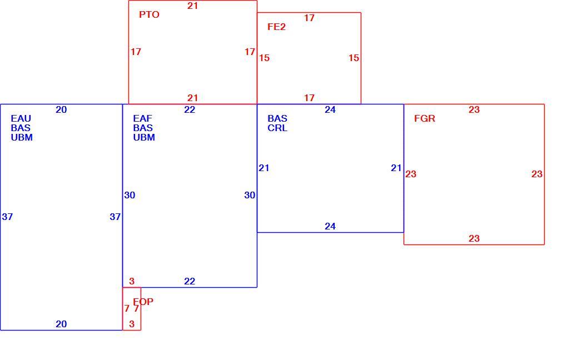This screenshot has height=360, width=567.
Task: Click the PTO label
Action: tap(149, 15)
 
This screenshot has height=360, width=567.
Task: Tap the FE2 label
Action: tap(277, 27)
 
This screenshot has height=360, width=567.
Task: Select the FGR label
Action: tap(425, 118)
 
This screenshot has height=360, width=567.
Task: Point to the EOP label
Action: tap(143, 302)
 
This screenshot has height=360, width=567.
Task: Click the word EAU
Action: tap(21, 118)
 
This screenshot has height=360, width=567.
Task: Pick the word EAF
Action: tap(142, 118)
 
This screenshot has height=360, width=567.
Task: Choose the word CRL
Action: tap(277, 128)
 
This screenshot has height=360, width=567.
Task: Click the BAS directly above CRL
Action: tap(277, 118)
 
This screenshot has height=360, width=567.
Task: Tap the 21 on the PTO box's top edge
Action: tap(193, 6)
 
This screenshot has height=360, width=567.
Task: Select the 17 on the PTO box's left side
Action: tap(136, 52)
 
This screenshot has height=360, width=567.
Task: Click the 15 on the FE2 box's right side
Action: tap(354, 58)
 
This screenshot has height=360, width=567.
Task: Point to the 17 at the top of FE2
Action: tap(309, 18)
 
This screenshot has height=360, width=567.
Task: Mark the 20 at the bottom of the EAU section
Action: tap(61, 324)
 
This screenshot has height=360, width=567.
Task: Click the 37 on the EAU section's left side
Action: tap(7, 217)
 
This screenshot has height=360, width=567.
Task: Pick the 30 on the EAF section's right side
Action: tap(250, 196)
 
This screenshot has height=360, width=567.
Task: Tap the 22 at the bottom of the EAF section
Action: tap(190, 282)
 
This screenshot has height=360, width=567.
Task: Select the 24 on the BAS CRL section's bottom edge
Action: tap(330, 227)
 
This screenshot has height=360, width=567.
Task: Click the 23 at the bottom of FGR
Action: tap(474, 238)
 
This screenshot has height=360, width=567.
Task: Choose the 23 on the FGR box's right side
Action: tap(537, 174)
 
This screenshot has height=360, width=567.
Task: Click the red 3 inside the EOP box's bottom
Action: tap(132, 324)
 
